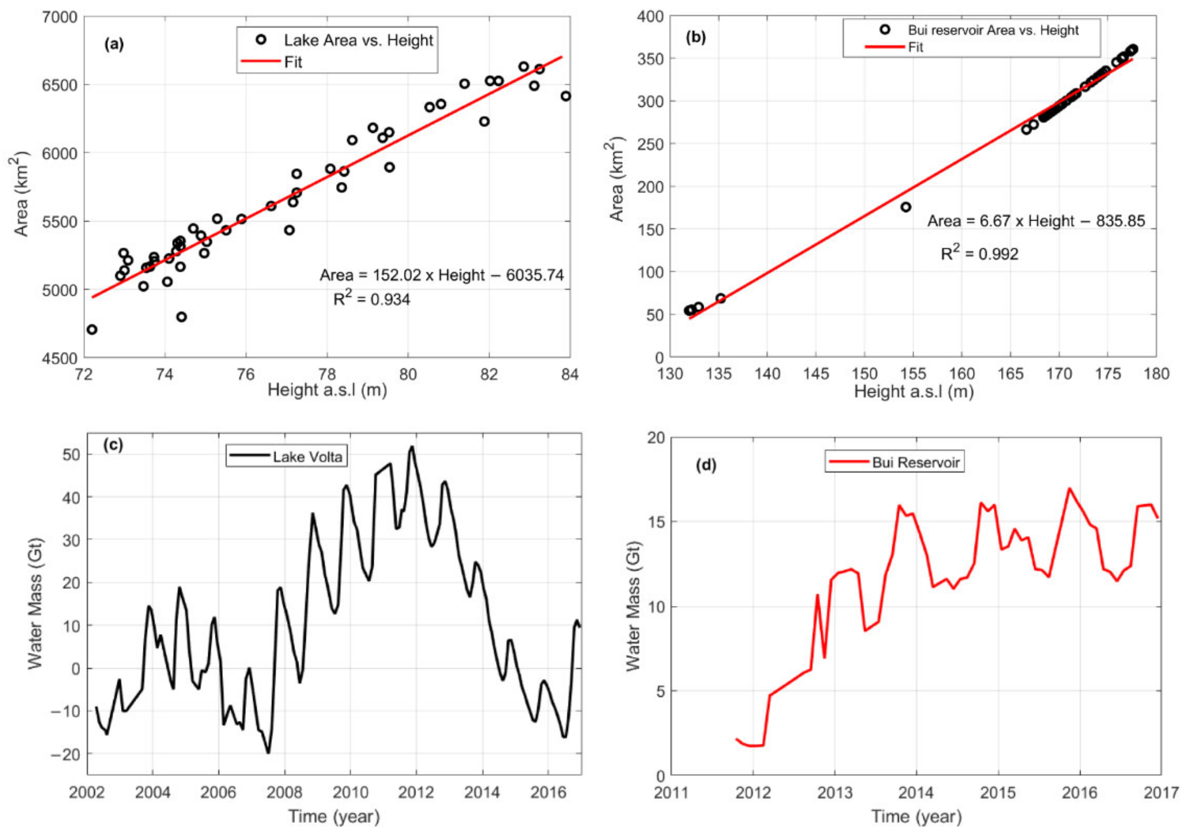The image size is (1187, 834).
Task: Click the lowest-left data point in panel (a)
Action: [92, 329]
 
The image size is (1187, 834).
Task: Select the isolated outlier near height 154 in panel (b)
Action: [906, 207]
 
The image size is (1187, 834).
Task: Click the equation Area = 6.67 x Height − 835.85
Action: [1036, 221]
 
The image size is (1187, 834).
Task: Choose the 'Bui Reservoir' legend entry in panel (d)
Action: [915, 462]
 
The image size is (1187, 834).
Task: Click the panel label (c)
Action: [113, 445]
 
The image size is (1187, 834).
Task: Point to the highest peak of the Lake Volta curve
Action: [412, 447]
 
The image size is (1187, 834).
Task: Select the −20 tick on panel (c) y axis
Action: [65, 754]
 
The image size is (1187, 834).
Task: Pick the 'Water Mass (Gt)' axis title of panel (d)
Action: [633, 606]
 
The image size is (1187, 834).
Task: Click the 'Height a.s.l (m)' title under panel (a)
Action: [327, 391]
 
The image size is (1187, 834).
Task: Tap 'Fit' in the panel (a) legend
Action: [293, 62]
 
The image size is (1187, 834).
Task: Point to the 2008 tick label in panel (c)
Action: [285, 792]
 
